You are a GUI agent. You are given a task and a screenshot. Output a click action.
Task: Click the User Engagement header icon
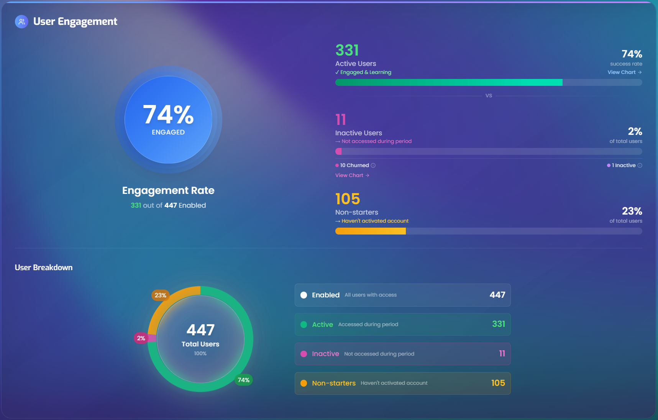(21, 21)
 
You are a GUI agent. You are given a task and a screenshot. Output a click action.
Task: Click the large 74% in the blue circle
(168, 115)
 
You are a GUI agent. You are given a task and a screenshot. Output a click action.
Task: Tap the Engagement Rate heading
(168, 190)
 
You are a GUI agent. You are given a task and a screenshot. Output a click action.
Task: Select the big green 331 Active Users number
(347, 50)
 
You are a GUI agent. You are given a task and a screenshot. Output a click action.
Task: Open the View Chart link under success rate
(625, 72)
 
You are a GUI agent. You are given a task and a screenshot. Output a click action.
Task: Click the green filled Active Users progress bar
(449, 82)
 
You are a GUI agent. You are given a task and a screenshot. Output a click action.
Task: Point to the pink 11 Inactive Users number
(341, 120)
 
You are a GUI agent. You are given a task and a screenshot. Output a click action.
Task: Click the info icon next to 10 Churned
(373, 166)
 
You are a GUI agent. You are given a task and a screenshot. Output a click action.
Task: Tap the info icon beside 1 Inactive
(640, 166)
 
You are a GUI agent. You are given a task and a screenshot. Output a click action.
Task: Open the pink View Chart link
(352, 175)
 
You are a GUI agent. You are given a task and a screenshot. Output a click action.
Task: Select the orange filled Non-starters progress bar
(371, 231)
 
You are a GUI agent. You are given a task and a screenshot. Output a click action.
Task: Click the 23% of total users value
(632, 211)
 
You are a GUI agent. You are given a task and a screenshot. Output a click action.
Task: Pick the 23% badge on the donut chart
(161, 295)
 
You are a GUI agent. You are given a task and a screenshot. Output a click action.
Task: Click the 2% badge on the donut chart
(141, 338)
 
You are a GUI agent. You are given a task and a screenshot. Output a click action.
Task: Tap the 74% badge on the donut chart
(244, 380)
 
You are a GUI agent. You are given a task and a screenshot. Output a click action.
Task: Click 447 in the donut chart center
(200, 330)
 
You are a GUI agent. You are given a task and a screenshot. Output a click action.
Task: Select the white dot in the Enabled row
(304, 295)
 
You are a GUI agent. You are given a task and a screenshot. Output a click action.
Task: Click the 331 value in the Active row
(499, 324)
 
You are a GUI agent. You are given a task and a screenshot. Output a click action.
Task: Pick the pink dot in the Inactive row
(304, 354)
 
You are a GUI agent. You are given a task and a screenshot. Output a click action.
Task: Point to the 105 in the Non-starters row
(498, 383)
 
